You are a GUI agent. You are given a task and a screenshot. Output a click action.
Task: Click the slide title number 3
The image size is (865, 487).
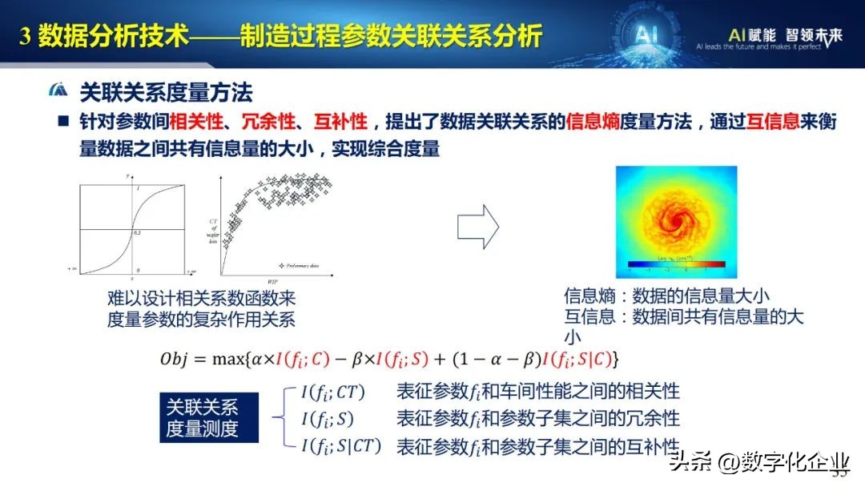23,37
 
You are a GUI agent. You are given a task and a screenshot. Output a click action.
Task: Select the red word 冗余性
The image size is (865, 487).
271,122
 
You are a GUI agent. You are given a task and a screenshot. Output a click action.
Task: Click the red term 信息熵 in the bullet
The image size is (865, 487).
590,122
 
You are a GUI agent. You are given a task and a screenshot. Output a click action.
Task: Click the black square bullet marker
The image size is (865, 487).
62,122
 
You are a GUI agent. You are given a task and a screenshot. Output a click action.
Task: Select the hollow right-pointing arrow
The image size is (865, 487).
477,227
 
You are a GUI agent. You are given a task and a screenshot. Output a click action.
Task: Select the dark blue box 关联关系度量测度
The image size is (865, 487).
202,417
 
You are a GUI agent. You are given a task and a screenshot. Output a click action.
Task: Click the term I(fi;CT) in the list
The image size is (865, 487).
332,392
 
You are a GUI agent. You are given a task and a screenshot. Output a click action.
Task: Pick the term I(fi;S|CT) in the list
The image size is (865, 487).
341,445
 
